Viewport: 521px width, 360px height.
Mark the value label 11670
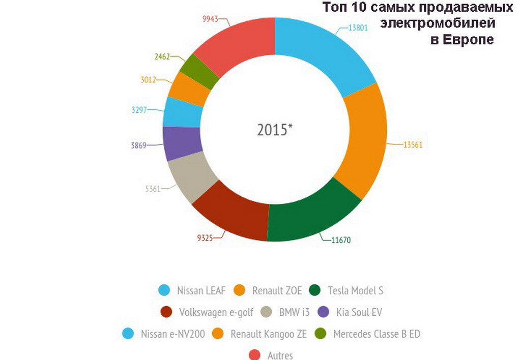tap(341, 240)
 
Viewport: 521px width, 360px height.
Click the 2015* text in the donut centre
tap(275, 130)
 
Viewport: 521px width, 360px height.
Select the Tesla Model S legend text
tap(355, 291)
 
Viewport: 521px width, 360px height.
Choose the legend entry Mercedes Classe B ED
tap(377, 334)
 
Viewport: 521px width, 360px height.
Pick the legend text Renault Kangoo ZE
tap(268, 334)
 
